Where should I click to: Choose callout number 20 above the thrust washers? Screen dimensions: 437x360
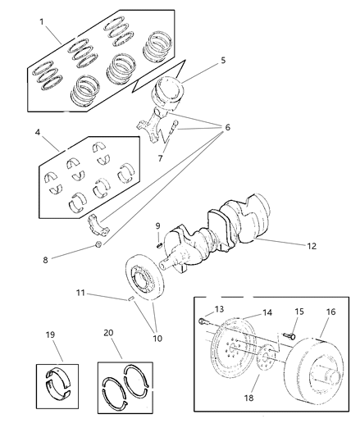109,335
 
